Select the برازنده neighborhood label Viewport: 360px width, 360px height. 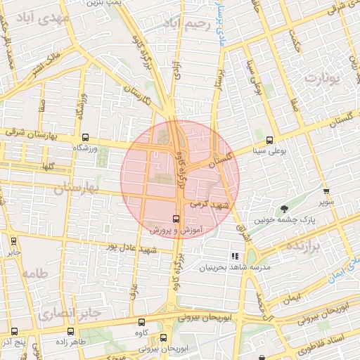303,246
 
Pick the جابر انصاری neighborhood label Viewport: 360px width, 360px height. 70,311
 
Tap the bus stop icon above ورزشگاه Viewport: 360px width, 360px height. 85,138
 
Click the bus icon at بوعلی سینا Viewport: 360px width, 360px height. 269,139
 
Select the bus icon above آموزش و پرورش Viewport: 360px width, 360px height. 176,219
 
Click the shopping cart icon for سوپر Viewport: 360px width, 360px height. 326,191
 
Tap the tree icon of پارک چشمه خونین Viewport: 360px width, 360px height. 284,209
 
